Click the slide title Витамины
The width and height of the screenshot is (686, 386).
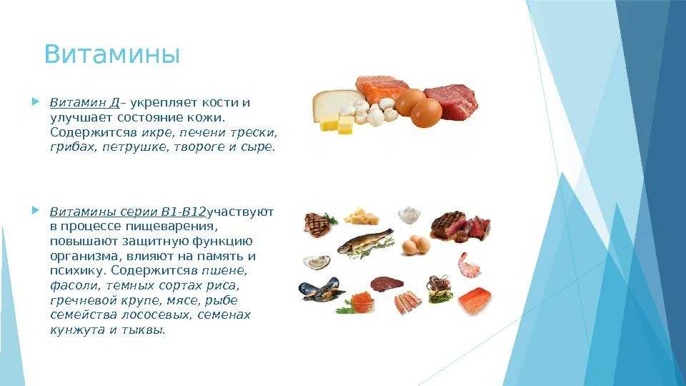coord(112,55)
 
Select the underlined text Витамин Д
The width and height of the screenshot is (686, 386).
coord(84,103)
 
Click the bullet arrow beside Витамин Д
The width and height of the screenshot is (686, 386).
coord(36,102)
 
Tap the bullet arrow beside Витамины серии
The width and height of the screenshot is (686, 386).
coord(36,211)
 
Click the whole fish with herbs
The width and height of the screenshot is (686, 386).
coord(365,242)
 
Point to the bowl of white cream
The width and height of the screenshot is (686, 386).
coord(409,215)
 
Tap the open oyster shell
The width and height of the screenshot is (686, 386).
coord(317,262)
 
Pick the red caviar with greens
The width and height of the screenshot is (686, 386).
coord(358,302)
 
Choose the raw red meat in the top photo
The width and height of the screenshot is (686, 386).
coord(451,102)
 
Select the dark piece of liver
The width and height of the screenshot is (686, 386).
coord(387,284)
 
